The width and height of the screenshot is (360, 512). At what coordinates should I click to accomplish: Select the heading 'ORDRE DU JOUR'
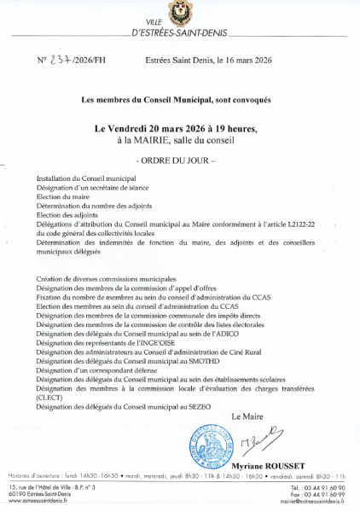180,161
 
